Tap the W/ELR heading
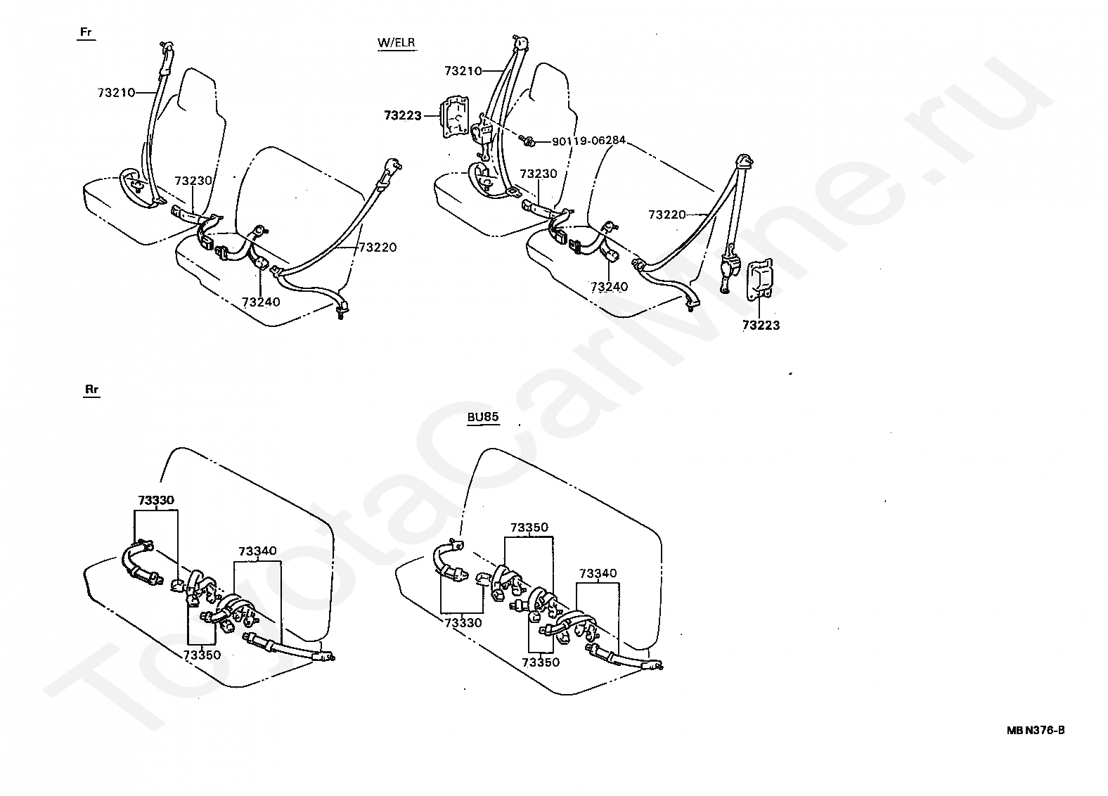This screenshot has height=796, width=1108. coord(397,42)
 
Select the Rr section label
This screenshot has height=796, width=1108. coord(91,389)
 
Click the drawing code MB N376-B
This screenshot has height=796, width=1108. coord(1035,730)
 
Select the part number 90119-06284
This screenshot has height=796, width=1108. coord(588,141)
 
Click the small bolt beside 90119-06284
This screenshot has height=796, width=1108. coord(529,143)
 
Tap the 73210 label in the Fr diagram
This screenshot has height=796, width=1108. coord(116,92)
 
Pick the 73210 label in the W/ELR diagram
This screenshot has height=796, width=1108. coord(463,71)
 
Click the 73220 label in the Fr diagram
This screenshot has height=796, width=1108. coord(378,248)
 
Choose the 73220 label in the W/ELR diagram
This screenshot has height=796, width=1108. coord(667,214)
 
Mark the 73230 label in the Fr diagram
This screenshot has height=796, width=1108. coord(193,181)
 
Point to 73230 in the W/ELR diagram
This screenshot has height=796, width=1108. coord(539,174)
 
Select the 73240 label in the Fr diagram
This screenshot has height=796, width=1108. coord(261,302)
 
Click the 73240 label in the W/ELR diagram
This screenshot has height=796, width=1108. coord(609,287)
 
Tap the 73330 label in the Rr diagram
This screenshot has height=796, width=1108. coord(156,500)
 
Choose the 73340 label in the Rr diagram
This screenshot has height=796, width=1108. coord(257,551)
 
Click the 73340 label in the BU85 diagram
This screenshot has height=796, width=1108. coord(598,573)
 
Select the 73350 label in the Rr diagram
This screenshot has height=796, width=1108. coord(202,655)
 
